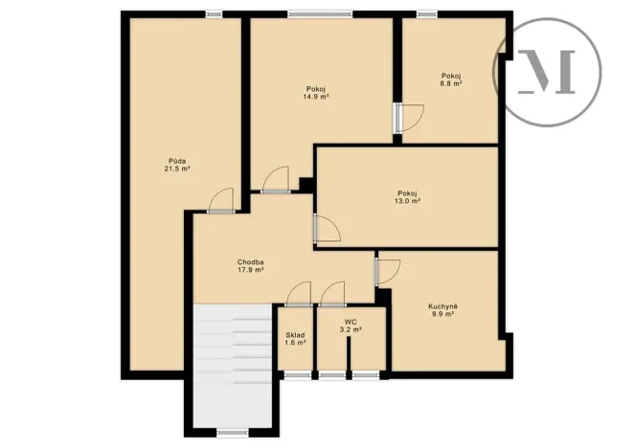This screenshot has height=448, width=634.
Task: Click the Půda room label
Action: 177,160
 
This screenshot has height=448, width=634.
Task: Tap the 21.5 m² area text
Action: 177,168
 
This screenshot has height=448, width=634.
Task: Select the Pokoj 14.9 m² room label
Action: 317,89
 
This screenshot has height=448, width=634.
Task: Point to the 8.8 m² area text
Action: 452,84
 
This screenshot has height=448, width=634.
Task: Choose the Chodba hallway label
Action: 251,262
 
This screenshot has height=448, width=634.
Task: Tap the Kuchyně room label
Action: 442,305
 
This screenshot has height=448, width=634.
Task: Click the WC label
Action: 351,322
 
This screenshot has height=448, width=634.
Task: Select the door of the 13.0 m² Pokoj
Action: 327,230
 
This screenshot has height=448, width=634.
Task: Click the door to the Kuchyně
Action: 388,271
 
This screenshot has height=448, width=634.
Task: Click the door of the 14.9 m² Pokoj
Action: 276,180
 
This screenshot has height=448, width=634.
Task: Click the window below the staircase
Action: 233,433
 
